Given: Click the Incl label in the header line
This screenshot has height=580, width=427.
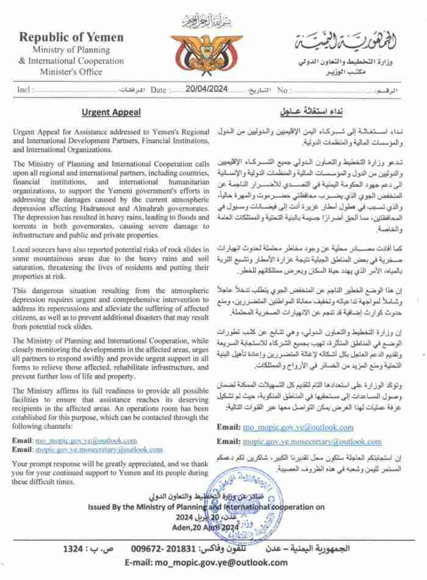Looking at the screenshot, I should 24,90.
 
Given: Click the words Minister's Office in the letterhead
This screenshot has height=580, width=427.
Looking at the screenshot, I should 71,70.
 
